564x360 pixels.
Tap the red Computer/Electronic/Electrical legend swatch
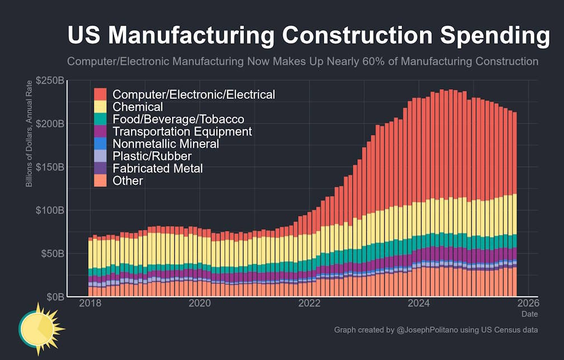[x=101, y=94]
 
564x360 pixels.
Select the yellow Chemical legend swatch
[x=101, y=107]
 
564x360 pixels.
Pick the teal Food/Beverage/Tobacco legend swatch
[x=101, y=119]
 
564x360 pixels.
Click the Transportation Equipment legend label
[x=182, y=132]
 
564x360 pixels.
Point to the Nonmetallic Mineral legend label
[x=166, y=144]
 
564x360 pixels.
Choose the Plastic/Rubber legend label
[x=152, y=156]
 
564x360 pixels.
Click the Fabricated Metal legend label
[x=157, y=169]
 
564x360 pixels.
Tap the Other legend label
[x=128, y=180]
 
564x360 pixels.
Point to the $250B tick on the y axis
[x=50, y=80]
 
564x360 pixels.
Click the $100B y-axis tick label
[x=50, y=210]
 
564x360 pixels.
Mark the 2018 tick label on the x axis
[x=90, y=303]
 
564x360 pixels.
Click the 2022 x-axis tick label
[x=309, y=303]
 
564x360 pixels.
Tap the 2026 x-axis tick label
[x=528, y=303]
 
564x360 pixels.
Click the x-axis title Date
[x=530, y=314]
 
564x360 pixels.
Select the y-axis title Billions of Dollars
[x=29, y=152]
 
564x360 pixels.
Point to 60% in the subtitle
[x=374, y=61]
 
